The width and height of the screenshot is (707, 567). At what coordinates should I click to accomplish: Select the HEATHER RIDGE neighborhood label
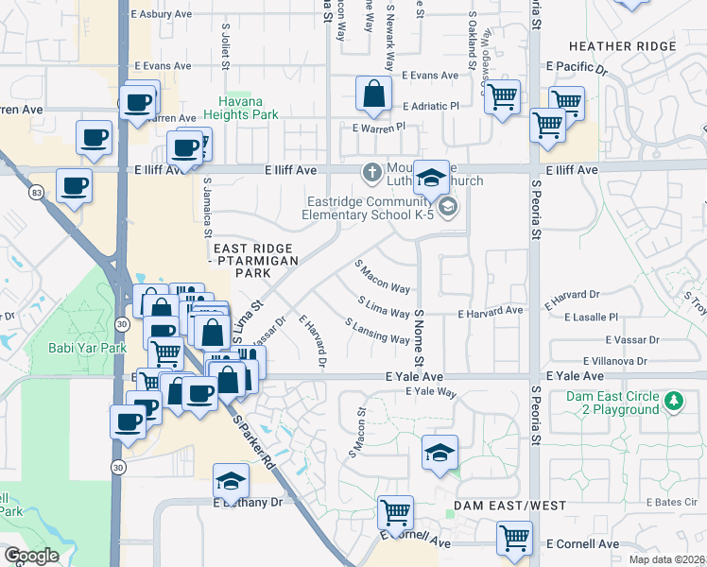(x=622, y=45)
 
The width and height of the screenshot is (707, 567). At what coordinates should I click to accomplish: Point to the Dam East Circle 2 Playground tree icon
(x=673, y=401)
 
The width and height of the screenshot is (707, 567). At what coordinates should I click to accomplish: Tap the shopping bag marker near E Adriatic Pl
(x=373, y=94)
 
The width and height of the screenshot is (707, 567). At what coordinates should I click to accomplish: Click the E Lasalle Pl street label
(x=591, y=318)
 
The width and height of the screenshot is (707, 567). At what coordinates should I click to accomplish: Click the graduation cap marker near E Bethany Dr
(x=230, y=484)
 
